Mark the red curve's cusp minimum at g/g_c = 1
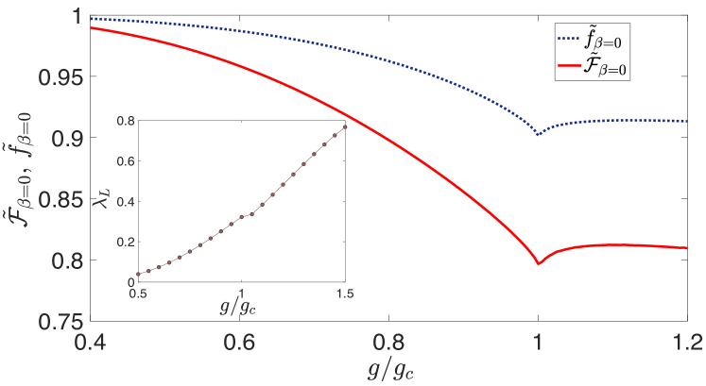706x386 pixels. click(x=539, y=264)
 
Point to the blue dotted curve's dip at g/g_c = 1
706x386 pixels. click(x=539, y=134)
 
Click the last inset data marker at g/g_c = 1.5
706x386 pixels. click(x=345, y=126)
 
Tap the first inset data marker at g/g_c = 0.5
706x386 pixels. click(x=139, y=274)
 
